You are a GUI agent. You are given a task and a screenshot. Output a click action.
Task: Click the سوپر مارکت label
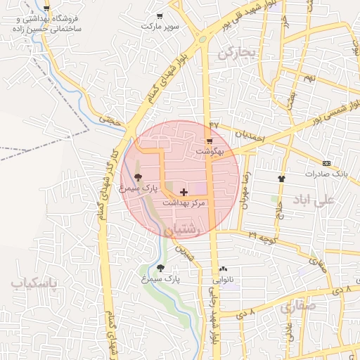[160, 26]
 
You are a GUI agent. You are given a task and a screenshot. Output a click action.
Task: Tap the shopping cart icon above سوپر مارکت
[160, 16]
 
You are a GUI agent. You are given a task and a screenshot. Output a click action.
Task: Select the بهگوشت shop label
[210, 151]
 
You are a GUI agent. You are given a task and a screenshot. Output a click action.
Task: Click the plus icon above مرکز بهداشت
[184, 192]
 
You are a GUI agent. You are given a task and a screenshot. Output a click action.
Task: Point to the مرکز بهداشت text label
[184, 202]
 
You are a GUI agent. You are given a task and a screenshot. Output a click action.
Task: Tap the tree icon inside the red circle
[137, 178]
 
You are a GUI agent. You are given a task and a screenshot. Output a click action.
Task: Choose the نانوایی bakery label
[224, 279]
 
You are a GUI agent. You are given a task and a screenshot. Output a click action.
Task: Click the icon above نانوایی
[224, 269]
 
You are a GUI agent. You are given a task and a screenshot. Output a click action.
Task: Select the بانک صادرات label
[327, 173]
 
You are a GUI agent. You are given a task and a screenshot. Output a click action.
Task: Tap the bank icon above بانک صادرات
[326, 162]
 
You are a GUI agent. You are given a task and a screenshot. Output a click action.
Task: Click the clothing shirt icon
[281, 179]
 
